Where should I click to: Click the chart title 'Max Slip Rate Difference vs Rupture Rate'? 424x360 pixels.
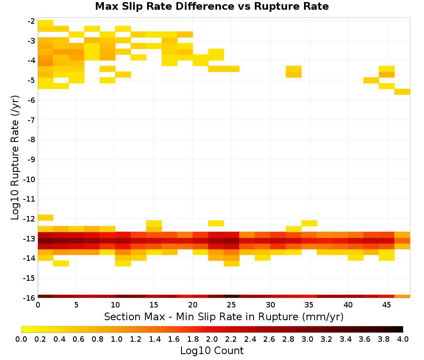212,6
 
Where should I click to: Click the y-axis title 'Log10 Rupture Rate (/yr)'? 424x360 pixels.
15,157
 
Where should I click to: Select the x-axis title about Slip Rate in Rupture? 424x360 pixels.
223,316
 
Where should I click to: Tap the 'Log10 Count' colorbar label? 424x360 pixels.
212,351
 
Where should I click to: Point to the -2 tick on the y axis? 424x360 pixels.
31,21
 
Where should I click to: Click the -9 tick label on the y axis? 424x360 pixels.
31,159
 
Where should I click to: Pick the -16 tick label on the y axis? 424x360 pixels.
29,298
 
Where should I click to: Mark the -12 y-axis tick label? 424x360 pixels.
29,219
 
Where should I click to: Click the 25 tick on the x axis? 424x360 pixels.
231,305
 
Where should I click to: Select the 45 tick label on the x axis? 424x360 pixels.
386,305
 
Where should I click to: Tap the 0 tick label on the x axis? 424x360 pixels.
38,305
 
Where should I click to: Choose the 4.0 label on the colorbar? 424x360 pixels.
403,339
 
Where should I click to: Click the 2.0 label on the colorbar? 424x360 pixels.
212,339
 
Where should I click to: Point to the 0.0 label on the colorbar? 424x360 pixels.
21,339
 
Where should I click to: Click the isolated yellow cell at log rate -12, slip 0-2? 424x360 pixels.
45,217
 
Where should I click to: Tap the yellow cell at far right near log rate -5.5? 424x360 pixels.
402,91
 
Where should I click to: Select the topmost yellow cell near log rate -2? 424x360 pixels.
45,23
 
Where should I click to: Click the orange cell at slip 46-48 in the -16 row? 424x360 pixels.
402,296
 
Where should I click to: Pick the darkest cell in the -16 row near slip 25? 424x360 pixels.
232,296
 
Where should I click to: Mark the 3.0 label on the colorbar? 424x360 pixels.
307,339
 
